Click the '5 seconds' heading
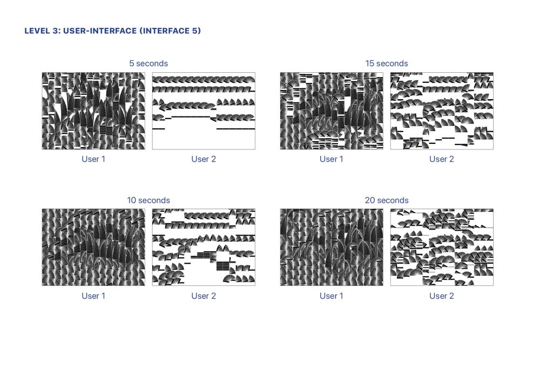pos(149,64)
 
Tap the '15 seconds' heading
pos(387,64)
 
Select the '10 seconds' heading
pos(149,200)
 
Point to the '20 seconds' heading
pos(387,200)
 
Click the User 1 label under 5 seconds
pos(93,159)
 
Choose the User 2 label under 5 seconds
pos(204,159)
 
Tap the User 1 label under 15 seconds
pos(332,159)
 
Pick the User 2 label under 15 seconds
pos(442,159)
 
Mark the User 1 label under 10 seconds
pos(93,296)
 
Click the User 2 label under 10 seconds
pos(204,296)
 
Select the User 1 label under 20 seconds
pos(332,296)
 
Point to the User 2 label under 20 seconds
pos(442,296)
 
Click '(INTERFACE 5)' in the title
pos(170,31)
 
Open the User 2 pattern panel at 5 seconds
pos(204,111)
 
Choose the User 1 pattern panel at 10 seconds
pos(93,247)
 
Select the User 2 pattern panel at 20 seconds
pos(442,247)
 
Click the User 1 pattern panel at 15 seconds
pos(332,111)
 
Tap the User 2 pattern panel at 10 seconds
pos(204,247)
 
